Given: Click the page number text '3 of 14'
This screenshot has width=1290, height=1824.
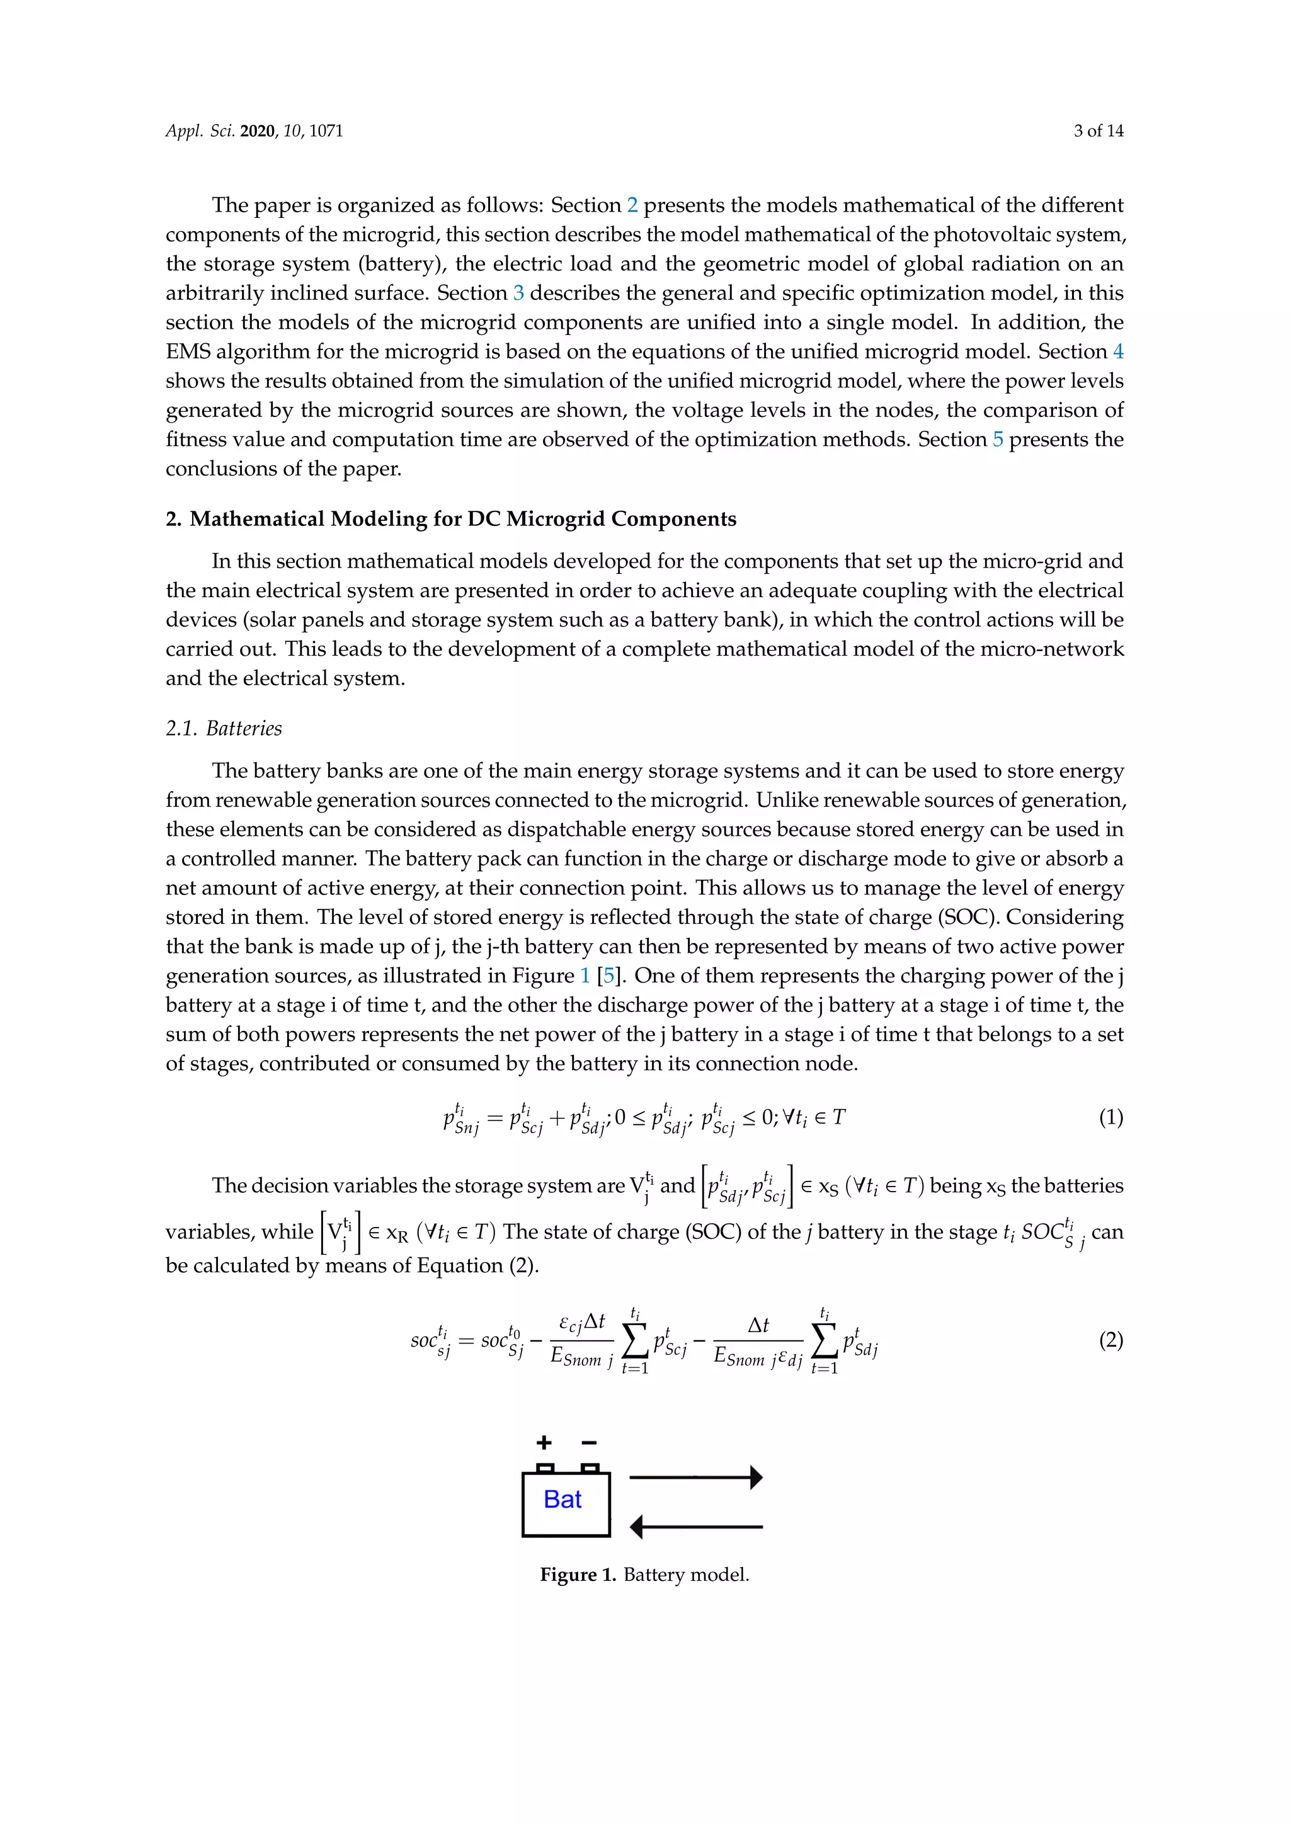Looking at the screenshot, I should pyautogui.click(x=1098, y=131).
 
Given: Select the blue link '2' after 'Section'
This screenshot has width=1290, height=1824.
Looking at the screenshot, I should pyautogui.click(x=632, y=205).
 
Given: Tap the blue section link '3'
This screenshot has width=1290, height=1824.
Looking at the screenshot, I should pyautogui.click(x=518, y=293).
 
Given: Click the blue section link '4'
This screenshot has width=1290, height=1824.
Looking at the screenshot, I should pyautogui.click(x=1117, y=351).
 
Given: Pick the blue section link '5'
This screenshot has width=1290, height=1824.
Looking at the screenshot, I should pyautogui.click(x=998, y=440).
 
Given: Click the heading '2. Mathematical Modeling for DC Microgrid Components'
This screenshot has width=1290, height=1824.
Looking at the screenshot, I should pyautogui.click(x=450, y=519).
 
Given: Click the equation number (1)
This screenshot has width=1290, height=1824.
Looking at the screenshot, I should pyautogui.click(x=1110, y=1118).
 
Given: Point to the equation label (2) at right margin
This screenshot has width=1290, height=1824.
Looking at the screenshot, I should pyautogui.click(x=1110, y=1340).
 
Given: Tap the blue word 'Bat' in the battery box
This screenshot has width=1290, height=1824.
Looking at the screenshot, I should pyautogui.click(x=562, y=1499).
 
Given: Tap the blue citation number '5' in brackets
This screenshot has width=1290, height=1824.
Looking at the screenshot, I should pyautogui.click(x=608, y=976).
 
